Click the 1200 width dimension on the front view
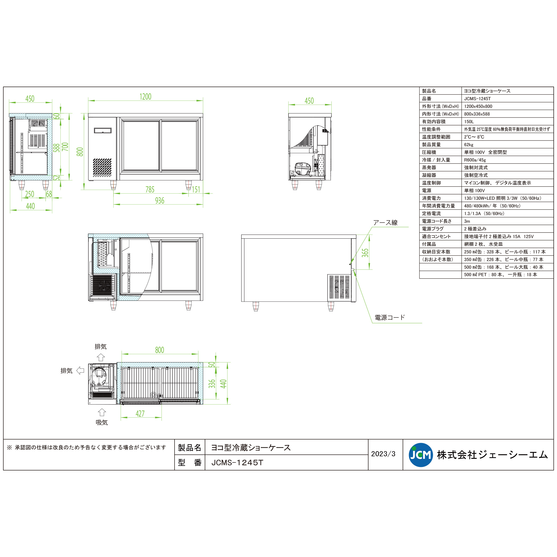pos(145,97)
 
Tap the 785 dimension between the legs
pos(150,189)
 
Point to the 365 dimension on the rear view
pos(365,253)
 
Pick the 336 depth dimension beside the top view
pos(212,384)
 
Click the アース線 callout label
pos(385,223)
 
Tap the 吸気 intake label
pos(101,422)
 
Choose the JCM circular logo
pos(421,455)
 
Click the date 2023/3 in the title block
pos(383,454)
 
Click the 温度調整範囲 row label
pos(436,137)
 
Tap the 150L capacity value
pos(469,122)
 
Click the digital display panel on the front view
pos(103,131)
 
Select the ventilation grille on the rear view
pos(339,287)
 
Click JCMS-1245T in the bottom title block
pos(237,463)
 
